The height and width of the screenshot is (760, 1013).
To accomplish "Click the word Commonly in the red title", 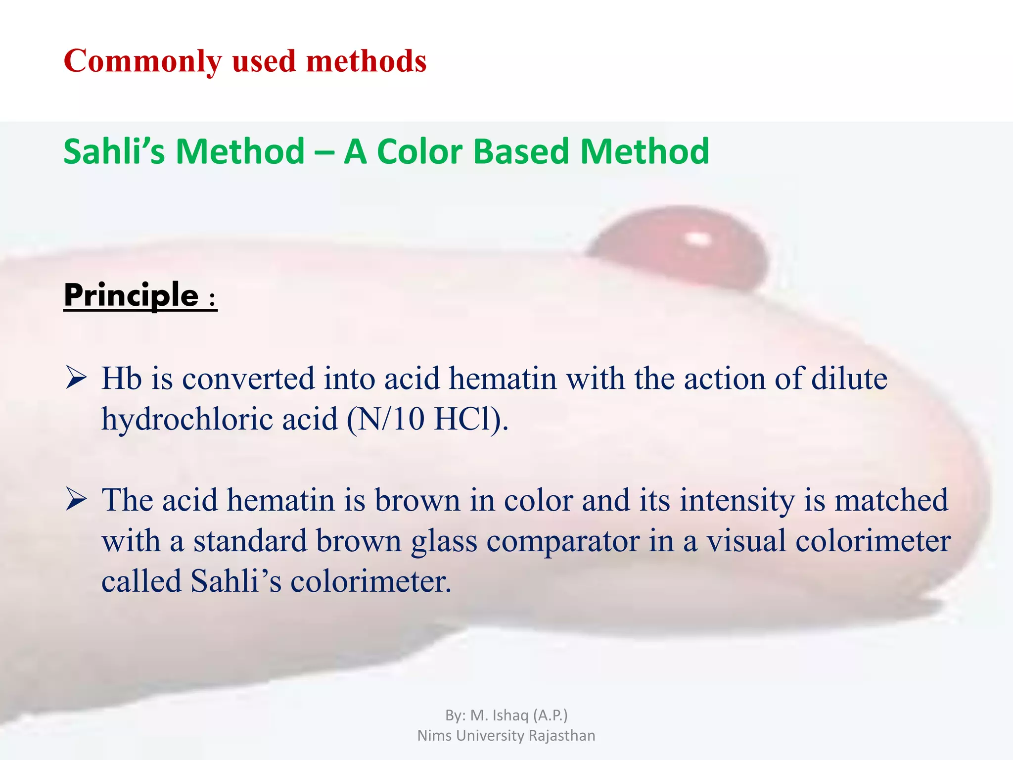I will [x=143, y=61].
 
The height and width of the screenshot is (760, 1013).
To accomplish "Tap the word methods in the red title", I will [x=366, y=61].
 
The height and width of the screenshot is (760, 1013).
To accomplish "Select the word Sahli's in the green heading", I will [x=114, y=151].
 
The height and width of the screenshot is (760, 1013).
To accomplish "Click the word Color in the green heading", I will [x=419, y=151].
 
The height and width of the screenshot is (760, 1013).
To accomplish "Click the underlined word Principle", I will [x=132, y=295].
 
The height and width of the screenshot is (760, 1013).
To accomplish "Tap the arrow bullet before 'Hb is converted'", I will [x=76, y=379].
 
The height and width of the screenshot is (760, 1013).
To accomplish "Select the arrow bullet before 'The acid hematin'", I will [x=76, y=500].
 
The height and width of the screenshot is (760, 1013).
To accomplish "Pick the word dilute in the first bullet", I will [x=849, y=379].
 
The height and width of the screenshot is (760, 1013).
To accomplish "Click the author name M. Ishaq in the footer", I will [x=500, y=715].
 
